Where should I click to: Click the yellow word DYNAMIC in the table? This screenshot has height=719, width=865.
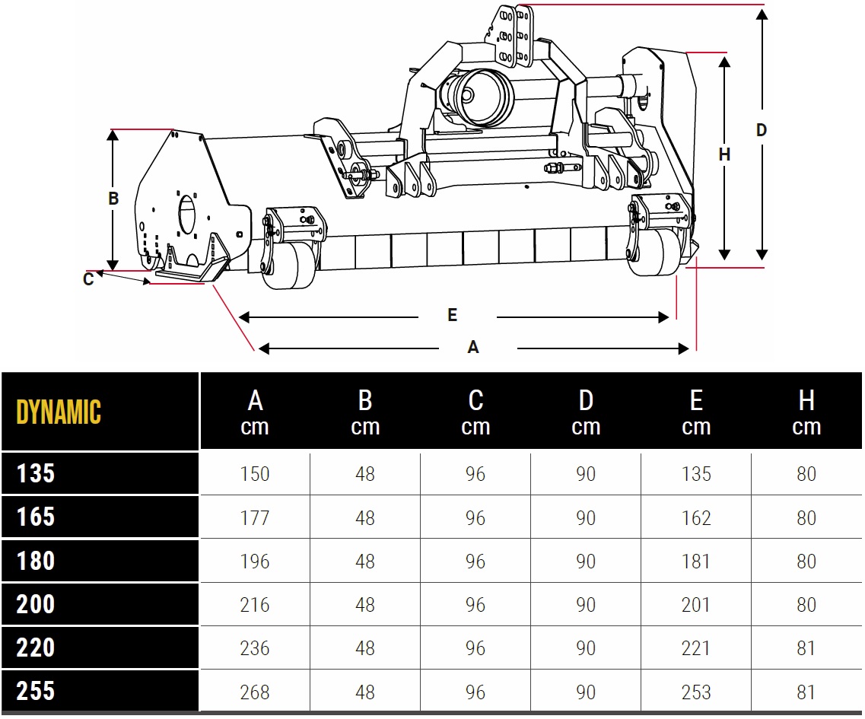coord(59,412)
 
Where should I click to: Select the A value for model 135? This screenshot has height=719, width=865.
coord(255,474)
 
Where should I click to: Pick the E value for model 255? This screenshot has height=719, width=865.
coord(696,692)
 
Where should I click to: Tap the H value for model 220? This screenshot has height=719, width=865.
coord(806,647)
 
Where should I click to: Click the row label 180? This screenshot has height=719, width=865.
coord(36,561)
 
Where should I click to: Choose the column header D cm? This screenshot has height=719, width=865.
coord(586,412)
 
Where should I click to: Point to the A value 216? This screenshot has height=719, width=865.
coord(255,605)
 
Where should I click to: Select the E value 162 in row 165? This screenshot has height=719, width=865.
coord(696,517)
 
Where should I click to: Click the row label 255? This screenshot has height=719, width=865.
coord(36,692)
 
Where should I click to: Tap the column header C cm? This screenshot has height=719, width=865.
coord(475,412)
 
